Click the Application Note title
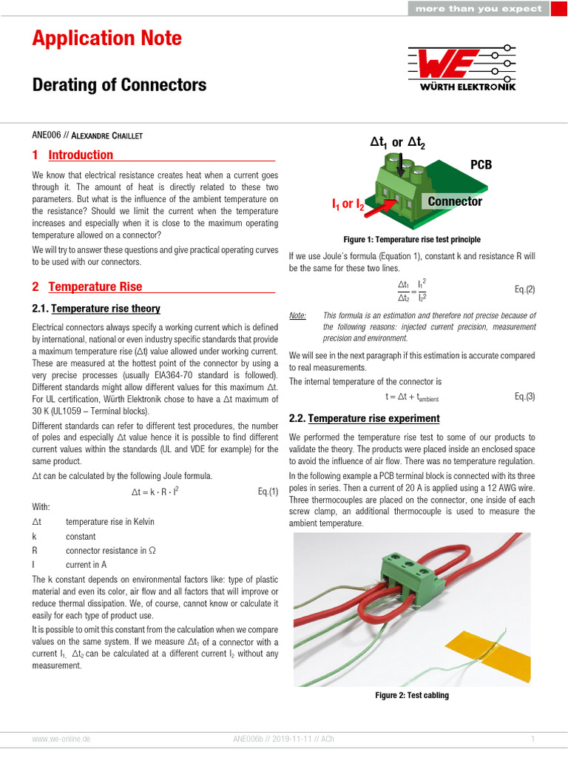[106, 38]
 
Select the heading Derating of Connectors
[119, 85]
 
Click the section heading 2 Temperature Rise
[87, 286]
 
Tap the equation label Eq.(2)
[524, 289]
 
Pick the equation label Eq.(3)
[524, 396]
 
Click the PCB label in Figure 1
[481, 165]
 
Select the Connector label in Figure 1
[455, 201]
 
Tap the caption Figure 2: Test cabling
[412, 695]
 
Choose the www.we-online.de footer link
[61, 739]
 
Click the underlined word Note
[297, 315]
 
